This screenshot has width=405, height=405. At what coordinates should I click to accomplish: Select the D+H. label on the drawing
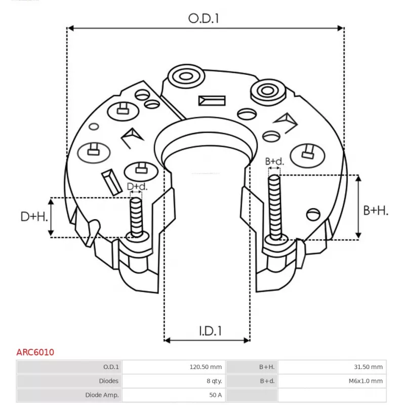point(34,217)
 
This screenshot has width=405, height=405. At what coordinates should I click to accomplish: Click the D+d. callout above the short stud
point(137,187)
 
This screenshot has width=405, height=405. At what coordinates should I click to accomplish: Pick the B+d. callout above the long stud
point(274,161)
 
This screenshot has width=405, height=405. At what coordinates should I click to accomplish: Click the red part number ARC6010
point(35,352)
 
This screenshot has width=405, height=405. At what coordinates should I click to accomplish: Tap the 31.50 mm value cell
point(369,367)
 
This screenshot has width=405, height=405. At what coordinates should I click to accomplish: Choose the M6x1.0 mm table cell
point(366,381)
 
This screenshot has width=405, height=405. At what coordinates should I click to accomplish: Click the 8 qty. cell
point(213,381)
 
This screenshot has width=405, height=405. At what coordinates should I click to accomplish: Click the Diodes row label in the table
point(109,381)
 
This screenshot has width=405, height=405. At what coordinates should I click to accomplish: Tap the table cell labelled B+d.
point(267,381)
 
